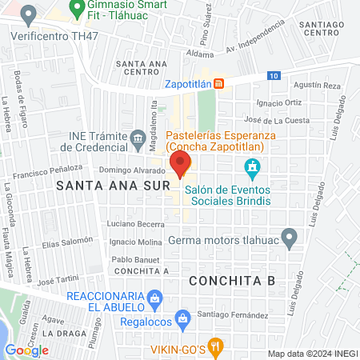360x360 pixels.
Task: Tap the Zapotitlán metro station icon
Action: pos(229,83)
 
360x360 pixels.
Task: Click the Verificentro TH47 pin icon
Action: pos(30,14)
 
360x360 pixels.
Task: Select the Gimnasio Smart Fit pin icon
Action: pos(78,10)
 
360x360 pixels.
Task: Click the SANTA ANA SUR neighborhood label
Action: pos(112,185)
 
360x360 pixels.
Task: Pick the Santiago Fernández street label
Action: pos(232,315)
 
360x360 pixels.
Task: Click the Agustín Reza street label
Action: pos(318,85)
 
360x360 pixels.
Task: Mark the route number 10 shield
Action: pos(274,75)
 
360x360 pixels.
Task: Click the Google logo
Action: pos(27,350)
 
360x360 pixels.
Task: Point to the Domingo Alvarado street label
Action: pos(131,170)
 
